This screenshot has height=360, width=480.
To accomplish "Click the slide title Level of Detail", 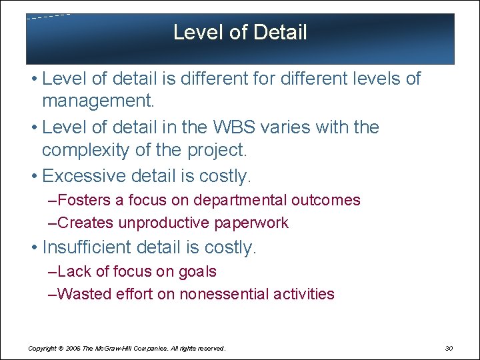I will (x=240, y=32).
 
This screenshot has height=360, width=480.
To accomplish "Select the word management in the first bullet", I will (x=97, y=101).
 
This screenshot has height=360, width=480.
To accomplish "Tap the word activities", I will (x=305, y=294).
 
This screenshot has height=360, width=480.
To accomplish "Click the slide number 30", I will (x=448, y=348).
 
